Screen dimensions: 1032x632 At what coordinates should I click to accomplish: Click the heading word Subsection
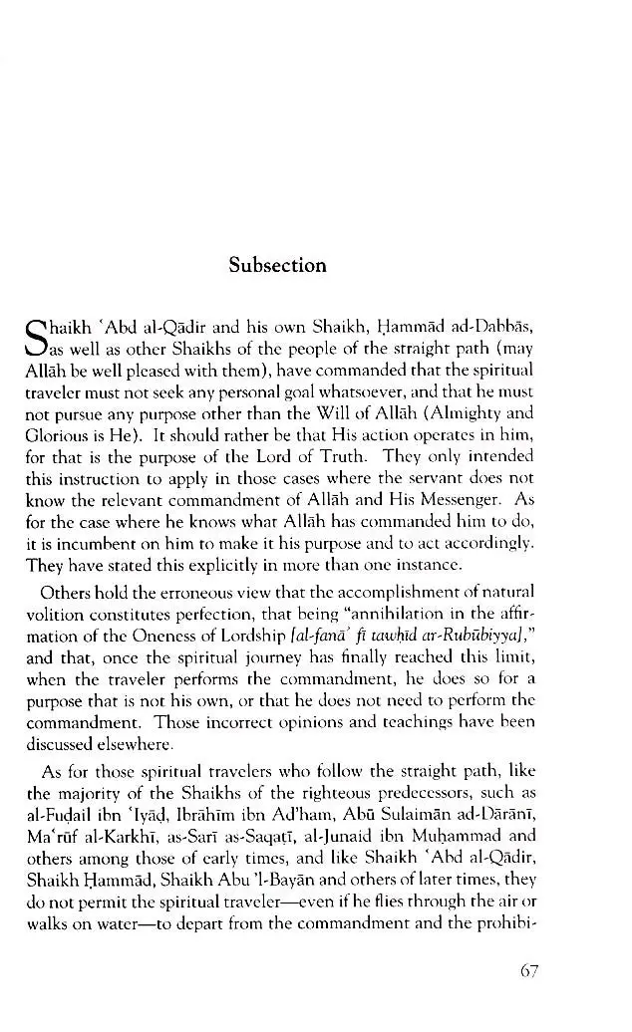coord(277,266)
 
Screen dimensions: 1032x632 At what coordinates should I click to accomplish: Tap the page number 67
coord(529,970)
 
